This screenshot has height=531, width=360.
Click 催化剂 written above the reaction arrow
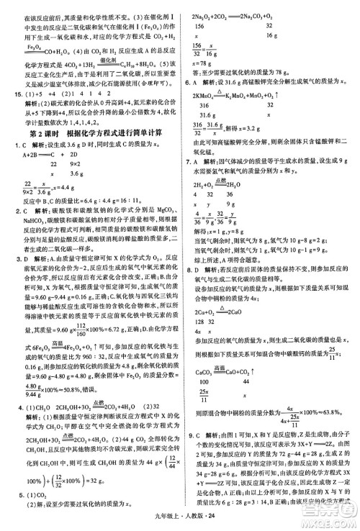coord(106,58)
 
